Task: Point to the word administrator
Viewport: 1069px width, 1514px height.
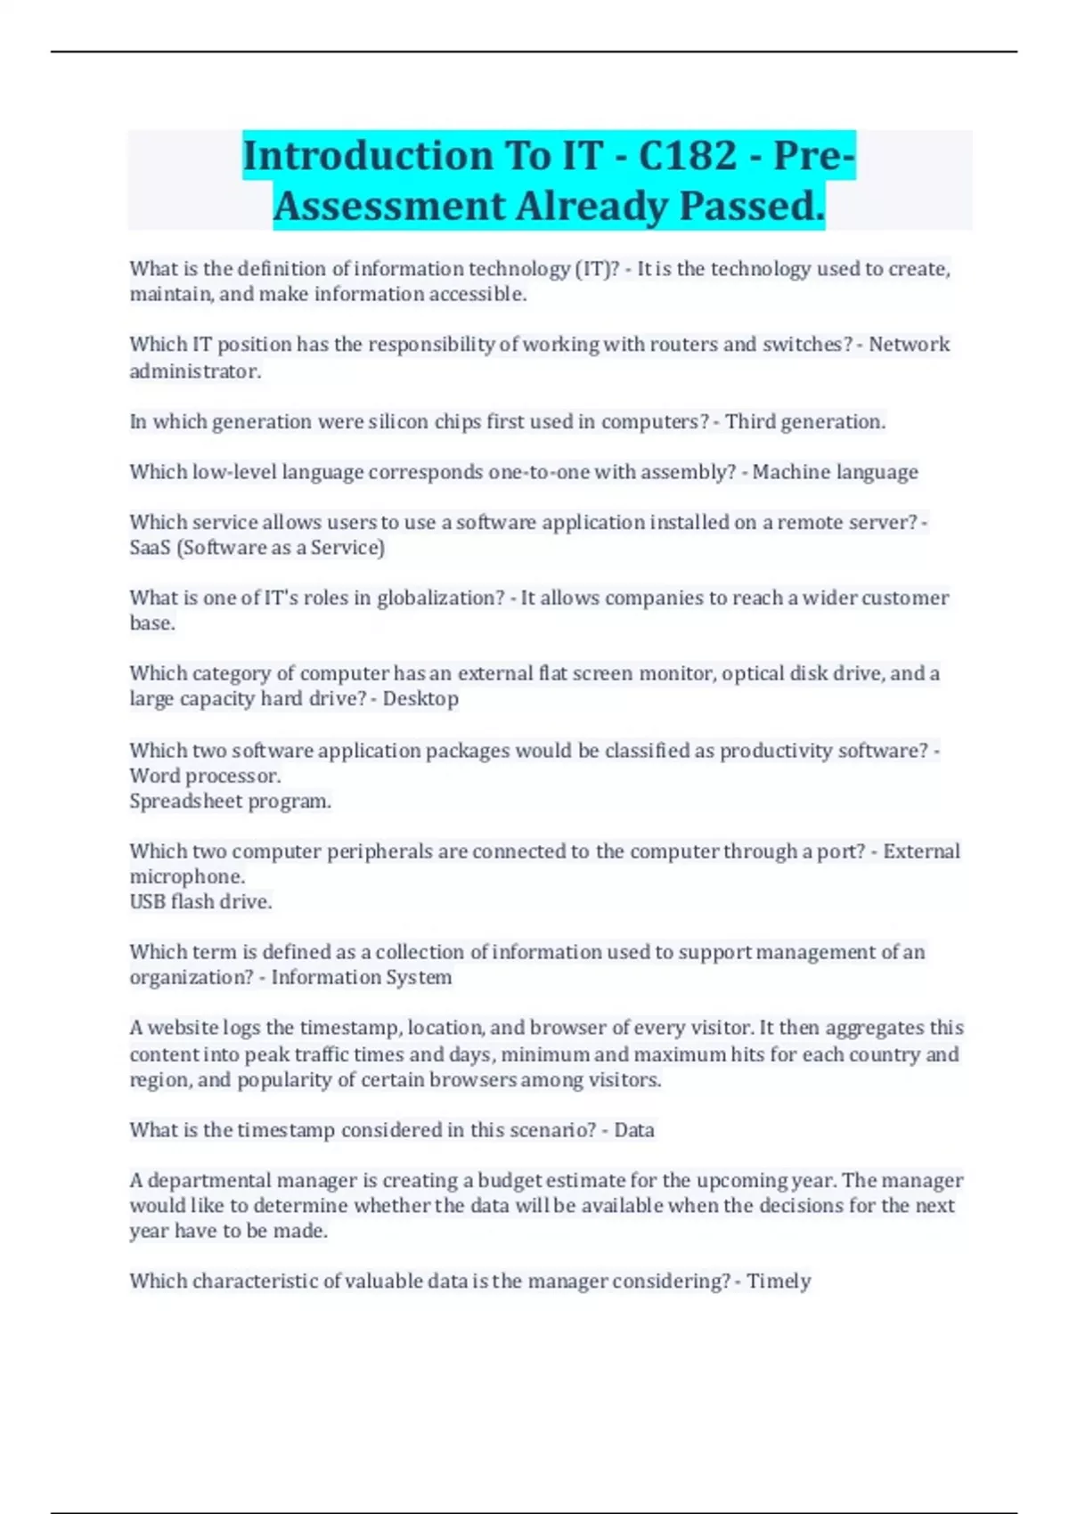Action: [x=195, y=371]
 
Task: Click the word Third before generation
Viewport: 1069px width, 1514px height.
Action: [x=750, y=421]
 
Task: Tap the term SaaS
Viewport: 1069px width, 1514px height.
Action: [x=150, y=548]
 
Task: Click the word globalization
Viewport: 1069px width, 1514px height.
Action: [x=441, y=598]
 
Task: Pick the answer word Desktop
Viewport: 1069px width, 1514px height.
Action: [x=420, y=699]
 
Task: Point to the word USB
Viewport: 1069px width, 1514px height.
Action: [x=147, y=902]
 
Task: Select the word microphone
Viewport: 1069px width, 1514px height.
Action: [x=186, y=877]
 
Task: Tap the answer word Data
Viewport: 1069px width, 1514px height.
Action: [x=634, y=1130]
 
